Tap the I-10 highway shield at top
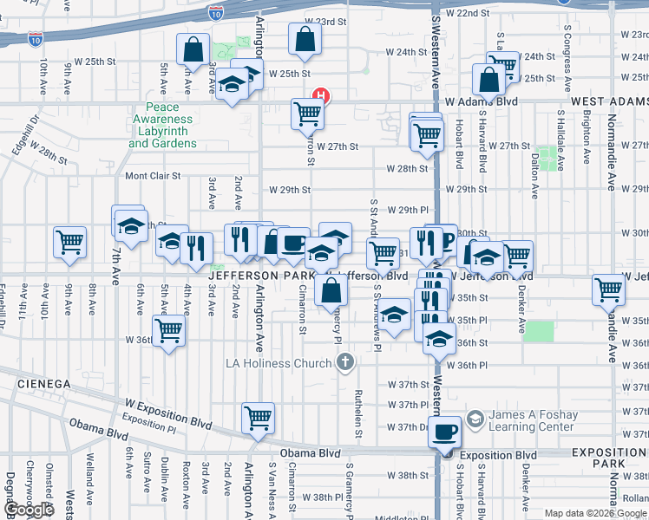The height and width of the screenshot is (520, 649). click(x=216, y=12)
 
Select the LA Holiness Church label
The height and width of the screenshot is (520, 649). click(x=279, y=361)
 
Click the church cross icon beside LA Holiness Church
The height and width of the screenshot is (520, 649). click(x=345, y=361)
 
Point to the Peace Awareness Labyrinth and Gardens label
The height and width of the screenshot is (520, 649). click(x=163, y=126)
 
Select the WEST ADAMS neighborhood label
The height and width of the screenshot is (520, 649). click(x=609, y=101)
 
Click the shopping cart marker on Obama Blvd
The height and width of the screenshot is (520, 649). click(x=259, y=418)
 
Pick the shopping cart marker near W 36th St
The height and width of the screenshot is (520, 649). click(x=168, y=330)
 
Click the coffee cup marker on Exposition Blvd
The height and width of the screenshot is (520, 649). click(x=446, y=431)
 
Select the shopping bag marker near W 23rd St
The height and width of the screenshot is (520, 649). click(x=305, y=38)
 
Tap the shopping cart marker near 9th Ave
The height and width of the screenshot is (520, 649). click(x=69, y=243)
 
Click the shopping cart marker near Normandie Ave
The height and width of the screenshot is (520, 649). click(x=608, y=289)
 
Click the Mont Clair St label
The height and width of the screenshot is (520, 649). click(x=153, y=175)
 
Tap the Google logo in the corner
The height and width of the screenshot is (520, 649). click(x=28, y=510)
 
